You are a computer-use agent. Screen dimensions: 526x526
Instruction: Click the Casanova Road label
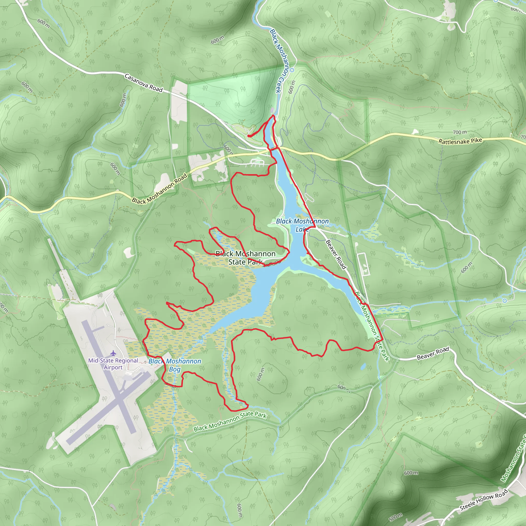(144, 82)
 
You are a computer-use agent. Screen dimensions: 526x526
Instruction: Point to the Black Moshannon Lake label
(302, 225)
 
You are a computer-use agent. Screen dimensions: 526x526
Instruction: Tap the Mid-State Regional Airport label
(113, 364)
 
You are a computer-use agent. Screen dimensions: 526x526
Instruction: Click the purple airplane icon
(113, 353)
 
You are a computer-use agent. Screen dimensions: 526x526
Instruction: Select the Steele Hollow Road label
(484, 500)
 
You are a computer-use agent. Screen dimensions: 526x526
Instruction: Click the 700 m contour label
(459, 132)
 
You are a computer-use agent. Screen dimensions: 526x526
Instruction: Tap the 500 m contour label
(396, 516)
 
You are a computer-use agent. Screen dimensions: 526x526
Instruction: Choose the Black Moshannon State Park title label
(245, 258)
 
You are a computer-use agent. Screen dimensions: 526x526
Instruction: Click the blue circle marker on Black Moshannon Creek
(292, 70)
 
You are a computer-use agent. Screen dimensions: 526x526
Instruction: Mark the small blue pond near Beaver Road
(363, 367)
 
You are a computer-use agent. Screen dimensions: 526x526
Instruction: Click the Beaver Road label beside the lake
(336, 254)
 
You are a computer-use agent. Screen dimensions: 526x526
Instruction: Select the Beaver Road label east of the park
(433, 353)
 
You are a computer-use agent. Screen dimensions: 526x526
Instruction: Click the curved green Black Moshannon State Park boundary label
(230, 421)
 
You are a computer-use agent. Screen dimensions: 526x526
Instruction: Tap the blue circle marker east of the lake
(504, 300)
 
